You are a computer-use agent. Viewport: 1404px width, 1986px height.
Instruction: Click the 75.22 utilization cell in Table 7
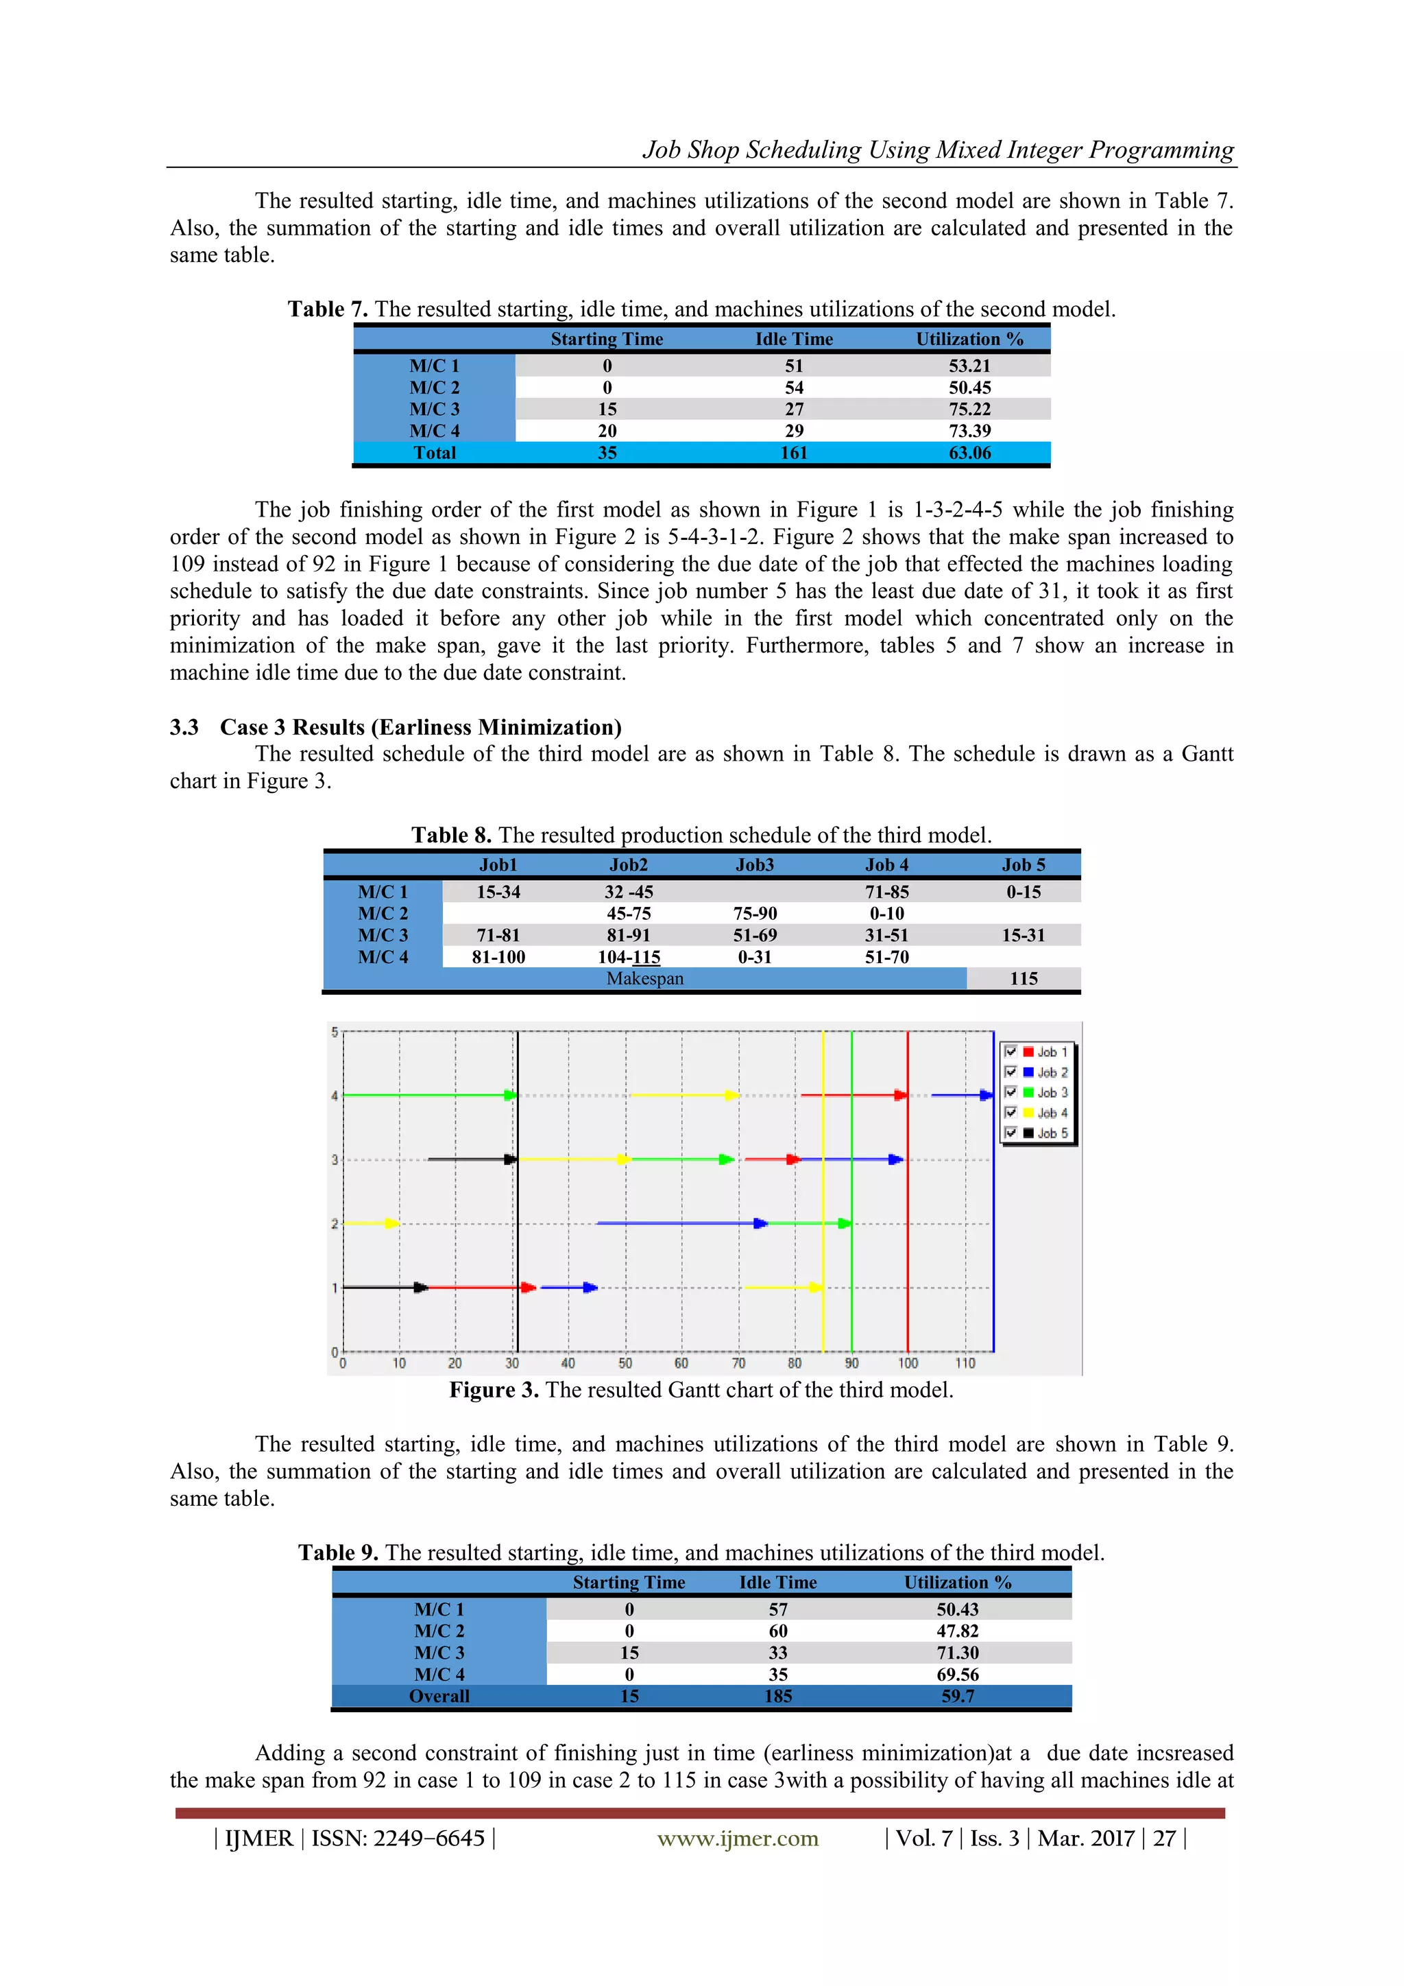(969, 409)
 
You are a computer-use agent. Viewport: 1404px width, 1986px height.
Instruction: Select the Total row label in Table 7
(434, 452)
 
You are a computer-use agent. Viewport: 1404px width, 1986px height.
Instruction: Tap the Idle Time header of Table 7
(794, 339)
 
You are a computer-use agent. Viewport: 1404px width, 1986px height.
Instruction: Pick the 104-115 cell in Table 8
(629, 957)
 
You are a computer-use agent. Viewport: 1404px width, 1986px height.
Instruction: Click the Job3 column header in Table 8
(754, 864)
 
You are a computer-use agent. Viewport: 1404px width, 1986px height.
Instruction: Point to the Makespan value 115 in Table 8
(1023, 978)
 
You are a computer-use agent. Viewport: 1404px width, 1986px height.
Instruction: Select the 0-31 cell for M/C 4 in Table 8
(754, 957)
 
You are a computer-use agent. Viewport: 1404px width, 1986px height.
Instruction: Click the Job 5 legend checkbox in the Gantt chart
(1010, 1133)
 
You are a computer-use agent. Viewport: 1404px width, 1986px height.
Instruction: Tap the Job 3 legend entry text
(1052, 1093)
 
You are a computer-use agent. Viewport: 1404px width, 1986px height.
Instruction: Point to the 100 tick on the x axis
(908, 1363)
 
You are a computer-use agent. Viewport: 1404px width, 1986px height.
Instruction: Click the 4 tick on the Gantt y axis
(335, 1096)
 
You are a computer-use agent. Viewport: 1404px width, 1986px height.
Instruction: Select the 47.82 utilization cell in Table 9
(957, 1631)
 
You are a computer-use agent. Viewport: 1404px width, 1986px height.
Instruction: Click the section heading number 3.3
(184, 726)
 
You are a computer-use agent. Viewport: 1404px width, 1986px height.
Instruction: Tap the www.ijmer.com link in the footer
(738, 1838)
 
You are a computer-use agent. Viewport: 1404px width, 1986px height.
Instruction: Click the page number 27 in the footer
(1163, 1838)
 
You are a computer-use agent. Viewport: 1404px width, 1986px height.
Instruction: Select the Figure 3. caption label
(494, 1390)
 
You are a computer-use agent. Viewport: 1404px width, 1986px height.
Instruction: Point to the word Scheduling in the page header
(803, 150)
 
